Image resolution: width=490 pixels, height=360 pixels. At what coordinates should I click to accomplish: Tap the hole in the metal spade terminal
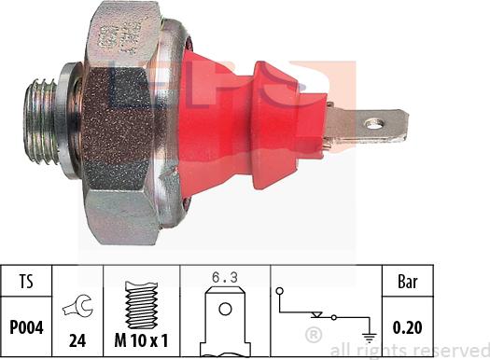click(x=374, y=122)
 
